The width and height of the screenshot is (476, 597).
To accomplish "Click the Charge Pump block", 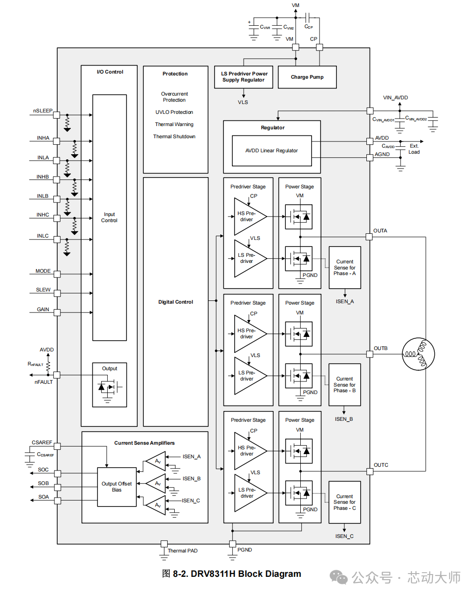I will [307, 77].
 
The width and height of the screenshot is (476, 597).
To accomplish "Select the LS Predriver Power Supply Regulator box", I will [244, 77].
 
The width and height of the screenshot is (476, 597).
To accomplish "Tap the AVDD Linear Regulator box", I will [272, 150].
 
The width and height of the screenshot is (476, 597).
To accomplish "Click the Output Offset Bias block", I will [117, 487].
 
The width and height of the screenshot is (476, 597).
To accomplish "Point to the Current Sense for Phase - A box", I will [345, 268].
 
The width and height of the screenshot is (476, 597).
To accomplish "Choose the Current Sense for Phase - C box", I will [345, 502].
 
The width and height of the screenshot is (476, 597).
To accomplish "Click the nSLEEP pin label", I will [43, 111].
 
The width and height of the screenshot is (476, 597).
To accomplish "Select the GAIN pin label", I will [43, 310].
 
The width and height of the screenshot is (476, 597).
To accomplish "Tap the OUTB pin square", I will [370, 354].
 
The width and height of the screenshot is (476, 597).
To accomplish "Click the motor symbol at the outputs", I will [418, 354].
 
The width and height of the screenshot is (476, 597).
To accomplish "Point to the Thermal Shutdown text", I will [174, 137].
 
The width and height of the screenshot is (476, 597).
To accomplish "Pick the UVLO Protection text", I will [174, 112].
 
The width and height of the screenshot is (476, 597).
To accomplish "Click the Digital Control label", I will [176, 302].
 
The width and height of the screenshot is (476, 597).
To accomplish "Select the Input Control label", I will [109, 217].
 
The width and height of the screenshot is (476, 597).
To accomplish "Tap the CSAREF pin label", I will [42, 443].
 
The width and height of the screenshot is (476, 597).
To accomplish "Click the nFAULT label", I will [44, 382].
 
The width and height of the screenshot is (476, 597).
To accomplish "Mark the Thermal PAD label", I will [183, 551].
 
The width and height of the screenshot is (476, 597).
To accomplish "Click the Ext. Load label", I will [414, 149].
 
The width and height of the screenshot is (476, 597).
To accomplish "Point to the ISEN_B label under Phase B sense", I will [344, 419].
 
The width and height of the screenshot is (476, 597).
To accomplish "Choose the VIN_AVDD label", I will [395, 98].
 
